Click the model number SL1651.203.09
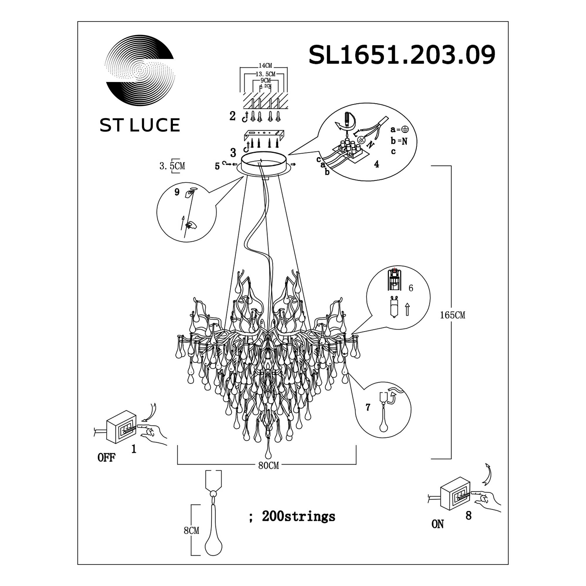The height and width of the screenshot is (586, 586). (402, 55)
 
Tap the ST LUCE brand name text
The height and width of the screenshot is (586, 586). (140, 125)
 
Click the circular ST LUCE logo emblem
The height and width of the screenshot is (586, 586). (140, 70)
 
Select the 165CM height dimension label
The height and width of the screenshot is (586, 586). (452, 315)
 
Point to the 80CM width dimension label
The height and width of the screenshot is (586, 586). (268, 466)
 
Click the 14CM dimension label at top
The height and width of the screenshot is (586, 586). (265, 66)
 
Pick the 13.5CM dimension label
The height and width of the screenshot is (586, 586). (265, 74)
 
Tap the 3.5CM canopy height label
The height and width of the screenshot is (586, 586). (172, 166)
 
